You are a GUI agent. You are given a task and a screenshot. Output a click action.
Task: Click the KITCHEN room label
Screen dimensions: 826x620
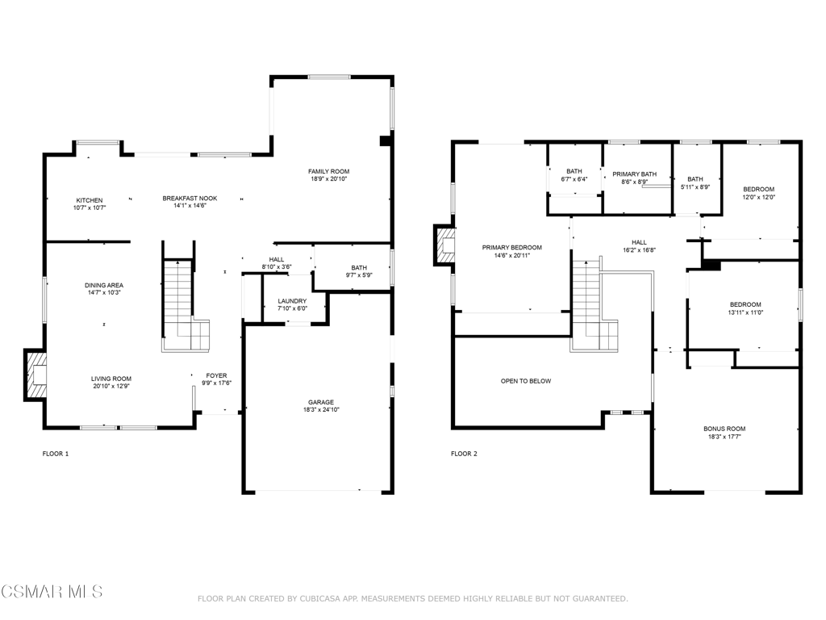pyautogui.click(x=90, y=200)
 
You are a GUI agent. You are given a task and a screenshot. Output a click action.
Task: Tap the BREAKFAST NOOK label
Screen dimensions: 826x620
pyautogui.click(x=190, y=199)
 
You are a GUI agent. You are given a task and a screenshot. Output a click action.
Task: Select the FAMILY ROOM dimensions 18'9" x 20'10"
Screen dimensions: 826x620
pyautogui.click(x=329, y=178)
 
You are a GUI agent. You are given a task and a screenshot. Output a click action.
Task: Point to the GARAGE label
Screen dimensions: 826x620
pyautogui.click(x=321, y=402)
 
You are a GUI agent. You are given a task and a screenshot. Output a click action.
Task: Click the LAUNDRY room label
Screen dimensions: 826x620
pyautogui.click(x=292, y=301)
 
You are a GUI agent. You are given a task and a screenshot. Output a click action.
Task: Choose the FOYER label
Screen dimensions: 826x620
pyautogui.click(x=216, y=376)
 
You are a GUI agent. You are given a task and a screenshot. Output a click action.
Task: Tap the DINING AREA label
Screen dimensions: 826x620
pyautogui.click(x=104, y=285)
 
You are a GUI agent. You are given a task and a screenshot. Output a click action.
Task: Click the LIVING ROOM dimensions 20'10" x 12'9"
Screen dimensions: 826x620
pyautogui.click(x=111, y=386)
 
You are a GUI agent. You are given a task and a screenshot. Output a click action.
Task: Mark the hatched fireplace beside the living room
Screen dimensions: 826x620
pyautogui.click(x=35, y=375)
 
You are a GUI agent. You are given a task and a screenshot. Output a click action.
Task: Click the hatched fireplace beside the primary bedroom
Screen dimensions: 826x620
pyautogui.click(x=444, y=245)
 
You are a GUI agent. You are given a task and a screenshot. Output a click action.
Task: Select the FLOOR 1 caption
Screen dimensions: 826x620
pyautogui.click(x=56, y=454)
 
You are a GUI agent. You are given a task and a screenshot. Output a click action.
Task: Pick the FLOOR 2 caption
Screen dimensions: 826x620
pyautogui.click(x=464, y=454)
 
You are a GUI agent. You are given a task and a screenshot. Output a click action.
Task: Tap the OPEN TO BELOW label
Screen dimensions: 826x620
pyautogui.click(x=526, y=381)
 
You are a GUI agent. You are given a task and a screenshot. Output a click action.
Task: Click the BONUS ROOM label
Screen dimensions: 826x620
pyautogui.click(x=724, y=429)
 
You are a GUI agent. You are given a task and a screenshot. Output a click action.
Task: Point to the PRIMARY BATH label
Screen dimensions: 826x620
pyautogui.click(x=634, y=174)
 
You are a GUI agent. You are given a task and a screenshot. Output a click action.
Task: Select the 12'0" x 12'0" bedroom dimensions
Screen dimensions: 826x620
pyautogui.click(x=759, y=197)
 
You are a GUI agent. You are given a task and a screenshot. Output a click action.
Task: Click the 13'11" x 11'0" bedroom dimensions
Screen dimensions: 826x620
pyautogui.click(x=745, y=312)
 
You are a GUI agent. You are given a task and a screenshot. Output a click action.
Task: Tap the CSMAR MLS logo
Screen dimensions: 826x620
pyautogui.click(x=52, y=591)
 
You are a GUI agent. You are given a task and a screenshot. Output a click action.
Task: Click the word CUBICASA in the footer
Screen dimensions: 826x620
pyautogui.click(x=319, y=598)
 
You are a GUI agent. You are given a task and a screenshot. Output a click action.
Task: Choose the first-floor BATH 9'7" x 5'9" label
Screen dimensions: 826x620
pyautogui.click(x=359, y=271)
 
